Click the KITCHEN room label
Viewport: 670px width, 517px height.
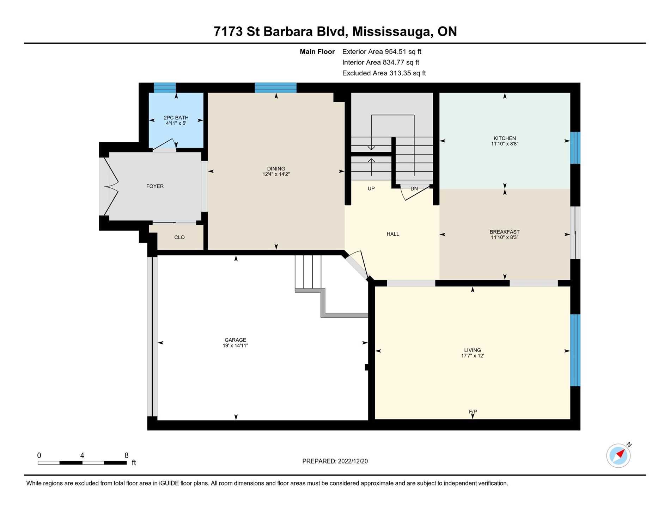coord(505,138)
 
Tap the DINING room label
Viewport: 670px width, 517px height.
coord(276,169)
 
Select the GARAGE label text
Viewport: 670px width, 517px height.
coord(235,340)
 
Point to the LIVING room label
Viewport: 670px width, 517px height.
coord(473,350)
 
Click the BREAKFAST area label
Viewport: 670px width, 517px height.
coord(505,232)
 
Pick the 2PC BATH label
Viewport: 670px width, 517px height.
coord(176,118)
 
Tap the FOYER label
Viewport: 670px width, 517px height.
coord(155,186)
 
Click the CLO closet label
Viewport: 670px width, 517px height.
coord(179,237)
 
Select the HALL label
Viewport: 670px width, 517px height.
coord(393,234)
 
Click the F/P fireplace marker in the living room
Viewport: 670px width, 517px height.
coord(473,412)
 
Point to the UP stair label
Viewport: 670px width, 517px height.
coord(371,189)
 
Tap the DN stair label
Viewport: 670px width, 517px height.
coord(414,189)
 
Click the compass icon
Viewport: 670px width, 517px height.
coord(619,455)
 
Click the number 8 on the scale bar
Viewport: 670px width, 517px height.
coord(127,455)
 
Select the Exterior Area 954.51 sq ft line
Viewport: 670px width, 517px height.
coord(382,52)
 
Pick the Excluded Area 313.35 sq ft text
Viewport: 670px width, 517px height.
coord(384,73)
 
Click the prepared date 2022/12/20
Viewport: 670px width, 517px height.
coord(353,461)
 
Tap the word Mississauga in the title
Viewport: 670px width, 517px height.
coord(392,32)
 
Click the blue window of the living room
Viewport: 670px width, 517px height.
coord(575,350)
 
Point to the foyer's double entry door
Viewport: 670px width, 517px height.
coord(110,186)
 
